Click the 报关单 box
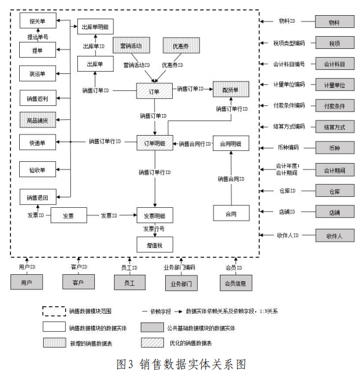(37, 21)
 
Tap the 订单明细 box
(155, 143)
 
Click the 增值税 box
(155, 245)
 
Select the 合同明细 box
(231, 143)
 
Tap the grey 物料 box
(334, 22)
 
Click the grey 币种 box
(334, 148)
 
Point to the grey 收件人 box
(334, 236)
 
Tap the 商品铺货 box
(37, 120)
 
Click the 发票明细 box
(155, 215)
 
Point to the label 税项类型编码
(289, 43)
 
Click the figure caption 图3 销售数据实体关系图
(181, 364)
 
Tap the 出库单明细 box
(95, 26)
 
